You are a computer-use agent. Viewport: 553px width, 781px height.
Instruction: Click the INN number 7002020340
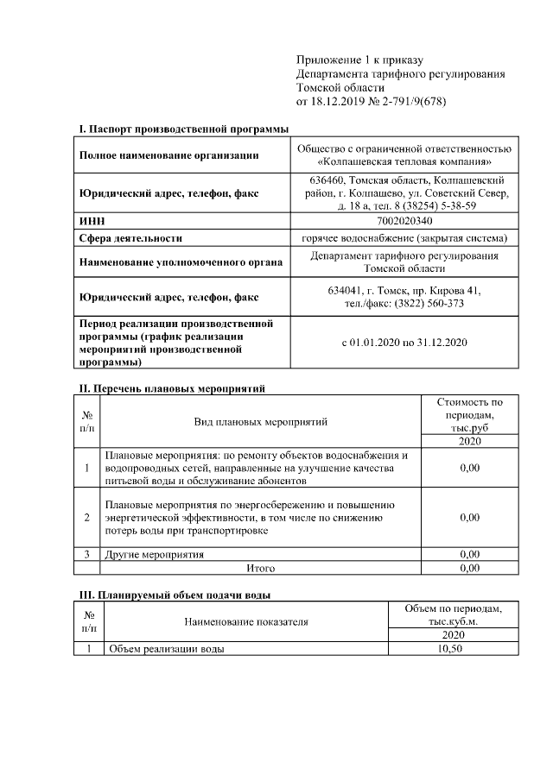click(x=404, y=222)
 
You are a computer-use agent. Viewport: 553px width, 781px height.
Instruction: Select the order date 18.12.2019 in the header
click(x=340, y=103)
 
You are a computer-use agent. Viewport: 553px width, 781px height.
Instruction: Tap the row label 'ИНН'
click(x=92, y=222)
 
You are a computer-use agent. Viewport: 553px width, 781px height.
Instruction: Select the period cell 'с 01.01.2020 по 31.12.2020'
click(x=404, y=343)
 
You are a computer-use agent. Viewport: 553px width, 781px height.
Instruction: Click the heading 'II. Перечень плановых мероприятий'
click(x=171, y=388)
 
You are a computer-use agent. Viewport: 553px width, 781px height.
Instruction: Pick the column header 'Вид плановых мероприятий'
click(x=260, y=422)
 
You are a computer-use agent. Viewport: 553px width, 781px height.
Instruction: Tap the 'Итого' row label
click(x=260, y=569)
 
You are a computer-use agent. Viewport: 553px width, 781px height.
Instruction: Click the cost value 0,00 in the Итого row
click(x=469, y=569)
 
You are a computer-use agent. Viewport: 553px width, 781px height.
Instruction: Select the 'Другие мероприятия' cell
click(x=155, y=554)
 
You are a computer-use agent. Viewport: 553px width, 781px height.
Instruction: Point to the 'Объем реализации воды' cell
click(x=164, y=649)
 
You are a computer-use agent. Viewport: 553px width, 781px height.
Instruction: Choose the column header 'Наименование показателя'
click(x=245, y=620)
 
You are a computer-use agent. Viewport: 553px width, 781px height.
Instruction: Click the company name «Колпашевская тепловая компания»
click(x=404, y=161)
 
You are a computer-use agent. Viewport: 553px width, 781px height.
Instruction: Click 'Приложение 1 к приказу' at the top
click(x=359, y=59)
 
